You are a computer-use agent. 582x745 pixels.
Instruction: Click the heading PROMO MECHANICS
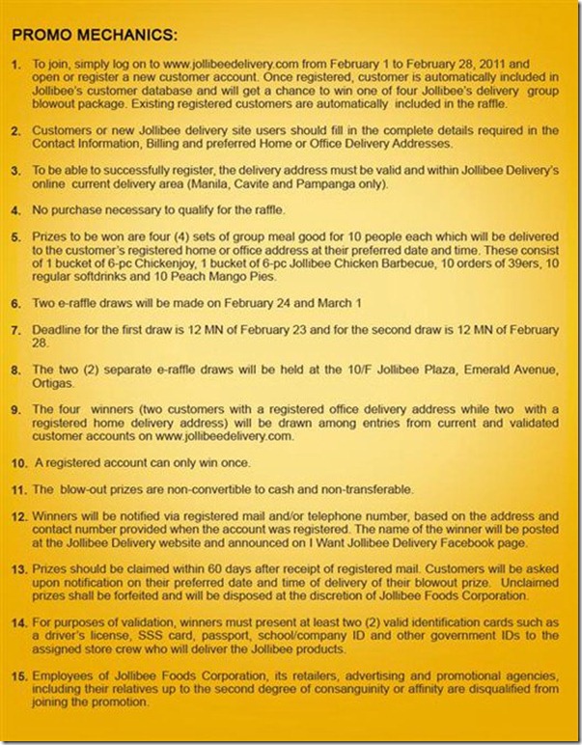[x=95, y=36]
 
